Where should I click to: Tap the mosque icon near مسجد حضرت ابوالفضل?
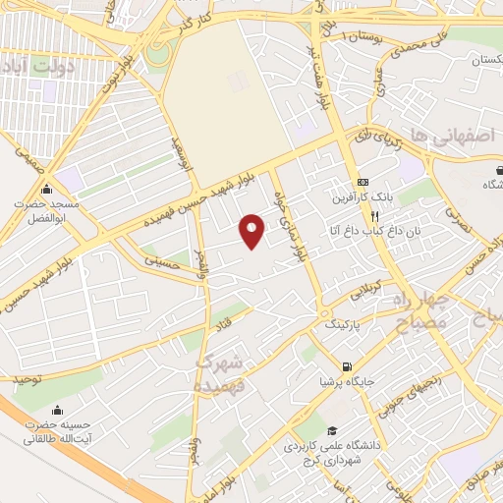45,190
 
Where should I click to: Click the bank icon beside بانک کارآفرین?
363,182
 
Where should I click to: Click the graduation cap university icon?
332,430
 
